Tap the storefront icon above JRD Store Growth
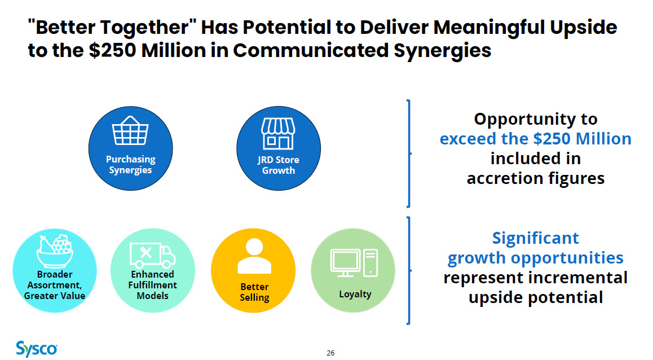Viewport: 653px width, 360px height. coord(278,133)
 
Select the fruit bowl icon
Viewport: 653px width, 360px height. coord(55,251)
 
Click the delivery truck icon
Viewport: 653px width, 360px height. coord(152,256)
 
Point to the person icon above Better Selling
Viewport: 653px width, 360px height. coord(254,256)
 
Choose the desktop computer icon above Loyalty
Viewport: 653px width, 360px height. coord(354,263)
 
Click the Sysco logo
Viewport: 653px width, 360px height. coord(37,349)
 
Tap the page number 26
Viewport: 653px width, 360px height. coord(330,353)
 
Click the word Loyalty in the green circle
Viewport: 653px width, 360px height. coord(355,294)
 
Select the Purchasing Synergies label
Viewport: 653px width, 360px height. coord(130,165)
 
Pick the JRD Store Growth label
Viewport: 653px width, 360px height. coord(278,165)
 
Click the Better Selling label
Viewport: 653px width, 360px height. coord(254,292)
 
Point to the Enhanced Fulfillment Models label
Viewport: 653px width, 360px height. coord(152,285)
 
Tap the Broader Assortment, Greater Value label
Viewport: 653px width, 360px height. coord(55,285)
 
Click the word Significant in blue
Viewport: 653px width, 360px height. coord(536,238)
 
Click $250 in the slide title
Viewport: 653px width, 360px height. coord(112,50)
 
